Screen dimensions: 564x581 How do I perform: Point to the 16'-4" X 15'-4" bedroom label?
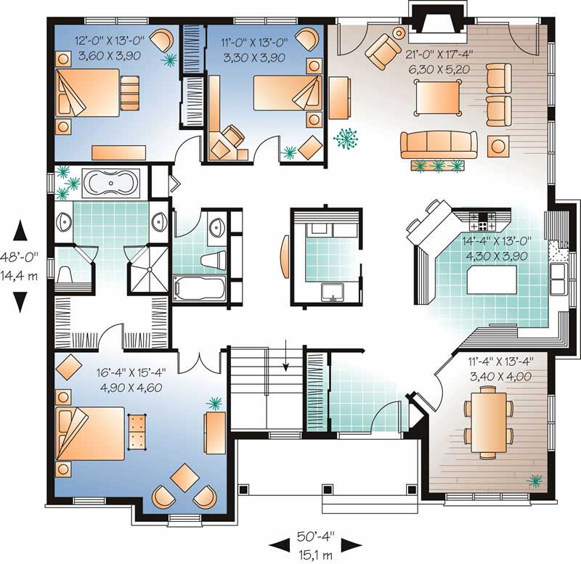click(x=131, y=380)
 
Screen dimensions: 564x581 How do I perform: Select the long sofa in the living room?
click(x=438, y=144)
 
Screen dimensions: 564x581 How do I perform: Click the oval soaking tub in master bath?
click(x=110, y=184)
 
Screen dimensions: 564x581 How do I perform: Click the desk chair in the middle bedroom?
click(x=233, y=136)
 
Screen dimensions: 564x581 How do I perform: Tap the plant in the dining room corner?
click(x=537, y=479)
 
